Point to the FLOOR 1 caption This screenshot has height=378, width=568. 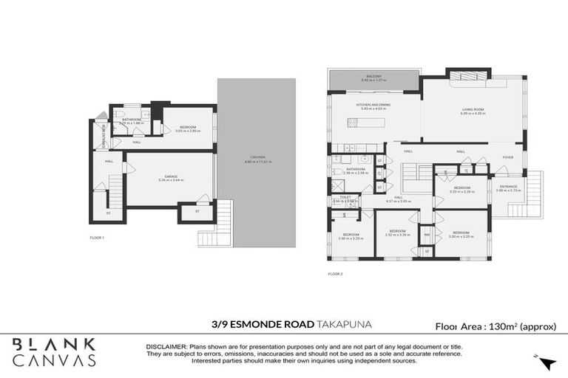point(98,238)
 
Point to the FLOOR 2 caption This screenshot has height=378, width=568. point(336,274)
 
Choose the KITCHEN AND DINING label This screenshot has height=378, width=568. point(372,106)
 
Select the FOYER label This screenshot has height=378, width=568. point(508,157)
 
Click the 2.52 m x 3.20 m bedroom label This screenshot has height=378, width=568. point(397,232)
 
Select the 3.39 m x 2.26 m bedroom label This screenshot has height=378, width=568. point(461,189)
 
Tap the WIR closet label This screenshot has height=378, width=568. point(427,236)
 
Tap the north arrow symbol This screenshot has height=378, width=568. point(547,362)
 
